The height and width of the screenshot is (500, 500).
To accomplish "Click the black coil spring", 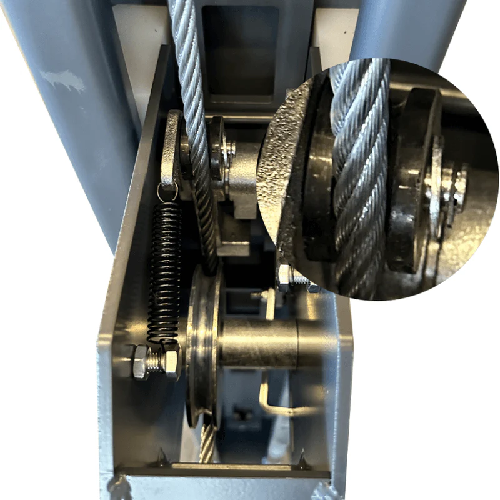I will click(166, 269).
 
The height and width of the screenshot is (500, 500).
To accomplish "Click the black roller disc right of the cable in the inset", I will click(412, 181).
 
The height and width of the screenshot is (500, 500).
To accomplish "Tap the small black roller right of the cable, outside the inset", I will click(217, 150).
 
